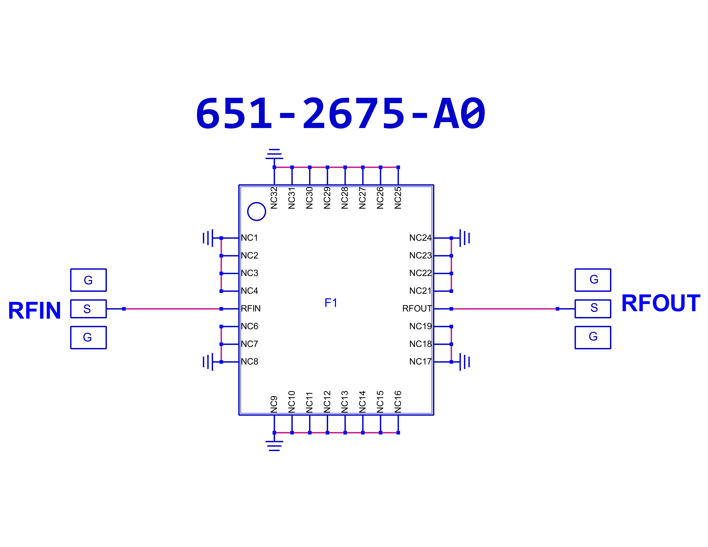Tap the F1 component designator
tap(331, 303)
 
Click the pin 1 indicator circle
tap(256, 212)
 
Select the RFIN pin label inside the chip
tap(251, 309)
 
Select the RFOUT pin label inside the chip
tap(417, 309)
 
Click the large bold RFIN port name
tap(34, 310)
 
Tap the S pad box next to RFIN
tap(88, 309)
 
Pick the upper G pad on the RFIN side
tap(88, 280)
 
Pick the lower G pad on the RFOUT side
tap(593, 337)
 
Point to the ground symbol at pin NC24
tap(465, 238)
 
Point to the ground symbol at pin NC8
tap(208, 362)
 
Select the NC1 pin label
tap(249, 238)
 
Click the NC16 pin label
tap(398, 402)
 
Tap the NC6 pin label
tap(249, 326)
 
